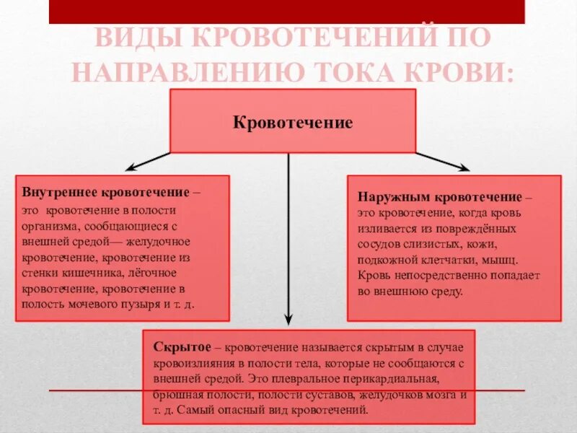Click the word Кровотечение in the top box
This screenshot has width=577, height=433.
(293, 123)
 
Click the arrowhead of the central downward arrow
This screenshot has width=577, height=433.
(288, 320)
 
